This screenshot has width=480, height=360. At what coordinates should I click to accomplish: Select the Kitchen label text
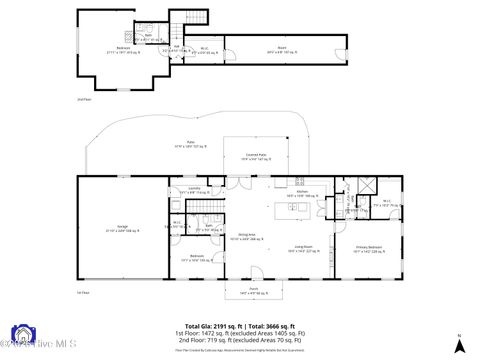click(x=302, y=197)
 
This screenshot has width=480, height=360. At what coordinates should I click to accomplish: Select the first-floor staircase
click(x=207, y=207)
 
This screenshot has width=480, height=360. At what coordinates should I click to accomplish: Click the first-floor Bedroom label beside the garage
click(x=198, y=257)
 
